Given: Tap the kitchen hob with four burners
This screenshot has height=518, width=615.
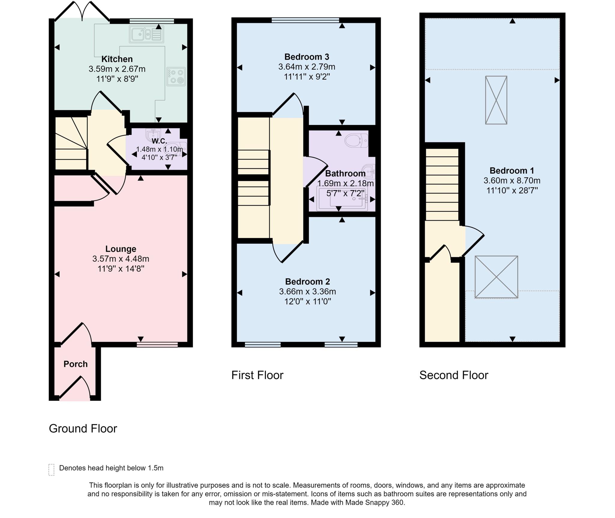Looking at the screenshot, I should coord(176,77).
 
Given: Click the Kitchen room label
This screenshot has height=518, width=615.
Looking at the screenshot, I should coord(117,59).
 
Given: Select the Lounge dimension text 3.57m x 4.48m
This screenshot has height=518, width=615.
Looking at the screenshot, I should coord(121,259).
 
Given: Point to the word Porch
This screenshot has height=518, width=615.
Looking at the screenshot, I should coord(75,364).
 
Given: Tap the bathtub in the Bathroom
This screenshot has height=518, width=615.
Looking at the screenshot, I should coord(342,199).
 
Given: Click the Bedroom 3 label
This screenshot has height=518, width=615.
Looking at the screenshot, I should coord(307,57).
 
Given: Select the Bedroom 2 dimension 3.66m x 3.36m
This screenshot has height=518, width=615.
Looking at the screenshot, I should coord(307,291).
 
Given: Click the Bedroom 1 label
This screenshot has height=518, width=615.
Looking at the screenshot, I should coord(512,171).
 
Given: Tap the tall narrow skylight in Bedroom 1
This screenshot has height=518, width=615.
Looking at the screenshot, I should coord(496,100).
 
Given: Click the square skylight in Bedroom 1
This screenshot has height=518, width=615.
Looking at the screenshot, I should coord(496,277).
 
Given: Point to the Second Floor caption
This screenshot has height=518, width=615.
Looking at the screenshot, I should coord(453,375).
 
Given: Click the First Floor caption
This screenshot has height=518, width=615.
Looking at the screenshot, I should coord(257,375).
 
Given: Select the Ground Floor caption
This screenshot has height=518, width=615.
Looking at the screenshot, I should coord(83,428).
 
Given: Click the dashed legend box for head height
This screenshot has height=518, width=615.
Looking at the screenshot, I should coord(51,470).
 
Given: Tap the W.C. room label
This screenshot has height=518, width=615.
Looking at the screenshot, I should coord(159,141).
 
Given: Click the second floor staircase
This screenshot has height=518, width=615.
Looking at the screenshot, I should coord(442,184).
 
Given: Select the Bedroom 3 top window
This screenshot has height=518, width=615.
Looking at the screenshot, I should coord(305,20).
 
